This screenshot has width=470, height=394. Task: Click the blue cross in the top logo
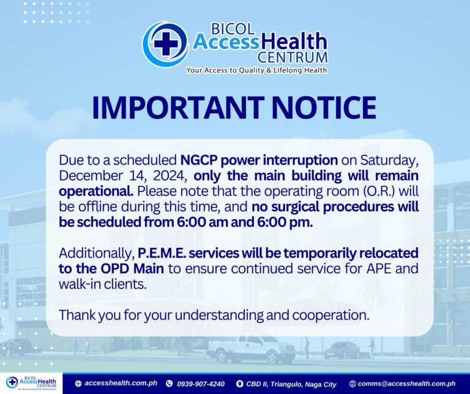[166, 43]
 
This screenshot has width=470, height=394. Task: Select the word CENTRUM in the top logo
[293, 57]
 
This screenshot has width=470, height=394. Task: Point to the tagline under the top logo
[256, 70]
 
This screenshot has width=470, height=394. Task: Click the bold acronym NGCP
[198, 160]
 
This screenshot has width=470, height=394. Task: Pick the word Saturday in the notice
[389, 161]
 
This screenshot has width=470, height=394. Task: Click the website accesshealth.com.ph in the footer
[121, 383]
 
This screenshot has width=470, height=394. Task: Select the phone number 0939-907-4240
[201, 384]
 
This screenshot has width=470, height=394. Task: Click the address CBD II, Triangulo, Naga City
[291, 384]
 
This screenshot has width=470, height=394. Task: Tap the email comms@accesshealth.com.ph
[406, 384]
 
